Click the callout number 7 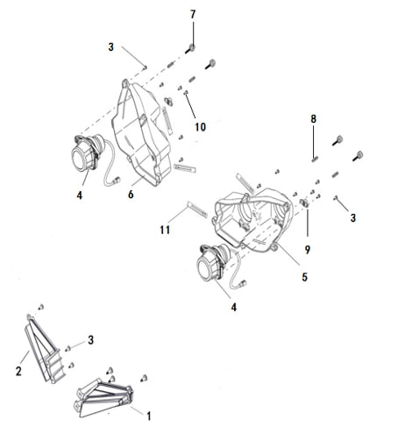pos(193,14)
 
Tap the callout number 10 pos(200,127)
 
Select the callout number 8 pos(313,118)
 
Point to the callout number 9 pos(308,249)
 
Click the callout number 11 pos(165,230)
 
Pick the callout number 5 pos(304,277)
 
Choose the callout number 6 pos(131,194)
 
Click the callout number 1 pos(149,416)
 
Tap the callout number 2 pos(18,371)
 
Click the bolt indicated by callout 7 pos(190,49)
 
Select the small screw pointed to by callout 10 pos(185,93)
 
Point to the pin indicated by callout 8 pos(315,160)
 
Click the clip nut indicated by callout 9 pos(304,203)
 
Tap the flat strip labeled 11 pos(197,210)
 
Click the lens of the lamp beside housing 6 pos(79,158)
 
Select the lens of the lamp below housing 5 pos(205,268)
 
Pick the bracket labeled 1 pos(103,397)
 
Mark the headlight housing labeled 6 pos(142,133)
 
